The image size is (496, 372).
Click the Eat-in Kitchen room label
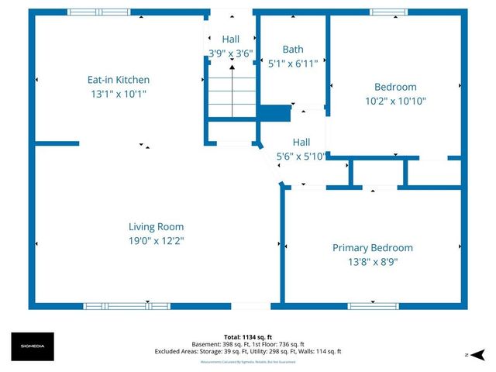118,79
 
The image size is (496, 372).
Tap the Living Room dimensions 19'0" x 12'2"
156,240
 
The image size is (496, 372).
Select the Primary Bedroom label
372,247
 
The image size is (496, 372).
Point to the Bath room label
293,50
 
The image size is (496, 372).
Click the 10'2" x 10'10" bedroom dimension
395,101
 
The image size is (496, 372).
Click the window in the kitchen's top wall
98,12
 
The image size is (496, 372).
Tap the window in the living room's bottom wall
126,306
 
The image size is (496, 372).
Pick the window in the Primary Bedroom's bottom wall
367,306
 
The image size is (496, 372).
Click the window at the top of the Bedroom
387,12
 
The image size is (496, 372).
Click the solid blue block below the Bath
273,113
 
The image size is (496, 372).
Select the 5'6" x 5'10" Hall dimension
301,156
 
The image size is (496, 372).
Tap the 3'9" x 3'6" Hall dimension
231,53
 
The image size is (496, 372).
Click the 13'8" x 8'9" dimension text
372,262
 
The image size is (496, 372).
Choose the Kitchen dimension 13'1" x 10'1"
118,94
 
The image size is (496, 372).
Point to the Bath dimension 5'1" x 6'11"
293,64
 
